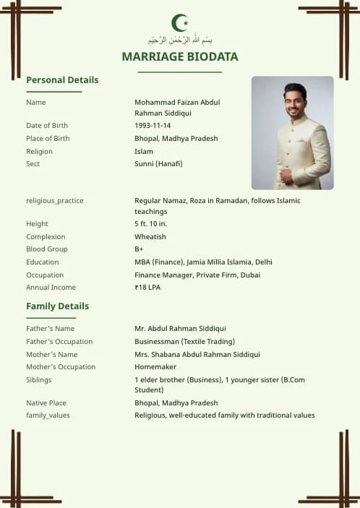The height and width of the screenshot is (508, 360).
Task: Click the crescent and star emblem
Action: pos(179,23)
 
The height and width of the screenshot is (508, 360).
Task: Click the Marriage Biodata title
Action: pos(180,56)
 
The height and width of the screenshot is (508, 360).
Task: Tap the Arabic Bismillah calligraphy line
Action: pos(180,40)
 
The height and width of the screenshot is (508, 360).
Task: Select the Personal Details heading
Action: pos(62,79)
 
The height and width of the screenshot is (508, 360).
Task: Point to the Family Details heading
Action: pos(58,306)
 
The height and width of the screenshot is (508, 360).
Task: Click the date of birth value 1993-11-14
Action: pos(153,126)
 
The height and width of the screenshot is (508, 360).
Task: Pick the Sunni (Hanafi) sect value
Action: pos(158,164)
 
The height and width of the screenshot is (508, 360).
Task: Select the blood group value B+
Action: pos(139,249)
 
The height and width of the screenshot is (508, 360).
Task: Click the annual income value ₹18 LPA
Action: pos(147,288)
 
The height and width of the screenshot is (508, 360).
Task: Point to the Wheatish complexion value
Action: pos(150,237)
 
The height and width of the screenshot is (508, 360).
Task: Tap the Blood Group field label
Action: pos(46,249)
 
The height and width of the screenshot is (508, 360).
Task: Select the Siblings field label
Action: pos(39,379)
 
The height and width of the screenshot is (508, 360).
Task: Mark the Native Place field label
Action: pos(47,403)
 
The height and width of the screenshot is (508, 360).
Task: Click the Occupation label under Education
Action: pos(45,275)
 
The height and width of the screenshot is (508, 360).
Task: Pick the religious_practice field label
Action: pos(55,200)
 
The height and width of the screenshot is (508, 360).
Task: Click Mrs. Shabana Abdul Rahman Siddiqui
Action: pos(197,355)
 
